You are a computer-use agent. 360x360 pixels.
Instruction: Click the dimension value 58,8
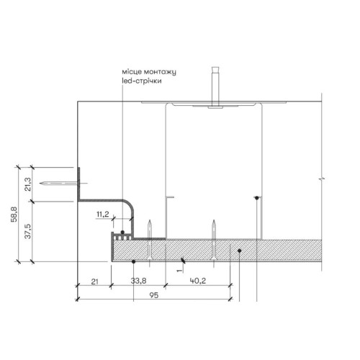point(14,215)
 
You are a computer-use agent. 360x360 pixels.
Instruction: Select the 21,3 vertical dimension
point(28,184)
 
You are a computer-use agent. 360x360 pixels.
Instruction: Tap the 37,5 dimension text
point(28,231)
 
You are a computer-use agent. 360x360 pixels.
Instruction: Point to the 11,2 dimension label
point(103,214)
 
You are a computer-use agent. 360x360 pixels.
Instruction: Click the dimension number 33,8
point(138,281)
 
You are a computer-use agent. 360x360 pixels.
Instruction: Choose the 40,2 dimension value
point(198,281)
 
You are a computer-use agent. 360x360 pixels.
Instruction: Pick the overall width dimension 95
point(154,295)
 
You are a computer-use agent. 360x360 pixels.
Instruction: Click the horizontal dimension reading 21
point(95,282)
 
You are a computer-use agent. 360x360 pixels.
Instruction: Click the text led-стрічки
point(142,81)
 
